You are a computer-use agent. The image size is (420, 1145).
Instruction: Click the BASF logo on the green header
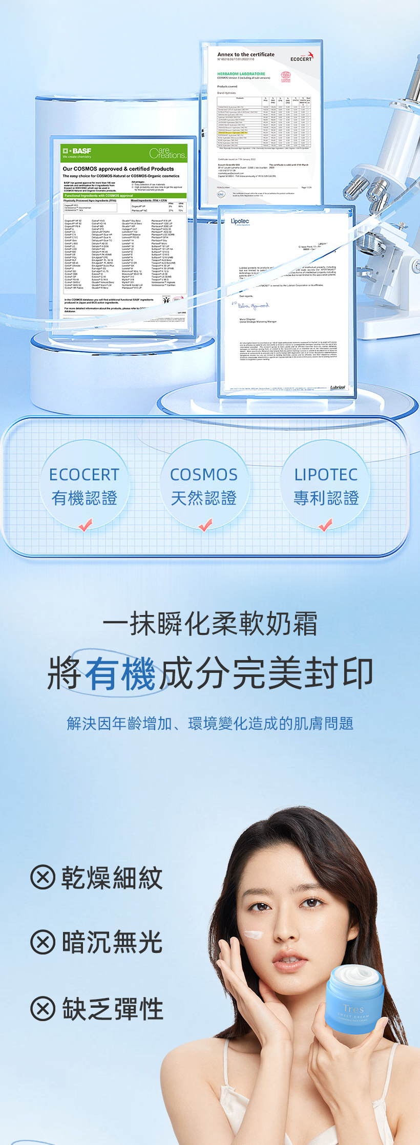tap(77, 151)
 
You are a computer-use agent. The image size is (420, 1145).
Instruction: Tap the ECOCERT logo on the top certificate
tap(302, 58)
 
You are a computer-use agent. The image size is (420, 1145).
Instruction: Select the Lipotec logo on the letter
tap(240, 221)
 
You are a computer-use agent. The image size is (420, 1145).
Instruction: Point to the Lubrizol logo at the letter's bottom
tap(338, 387)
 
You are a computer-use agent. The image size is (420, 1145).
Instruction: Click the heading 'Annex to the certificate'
tap(246, 54)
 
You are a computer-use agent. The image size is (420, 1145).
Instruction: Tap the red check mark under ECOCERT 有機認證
tap(85, 525)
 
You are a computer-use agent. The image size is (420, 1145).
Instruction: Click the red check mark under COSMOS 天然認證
tap(205, 525)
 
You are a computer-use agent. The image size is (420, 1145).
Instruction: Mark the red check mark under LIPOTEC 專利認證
tap(325, 525)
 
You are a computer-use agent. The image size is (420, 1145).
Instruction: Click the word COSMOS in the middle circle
tap(204, 475)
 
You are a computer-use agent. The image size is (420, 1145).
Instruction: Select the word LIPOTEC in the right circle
tap(326, 475)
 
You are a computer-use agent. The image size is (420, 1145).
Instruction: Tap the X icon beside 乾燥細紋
tap(43, 877)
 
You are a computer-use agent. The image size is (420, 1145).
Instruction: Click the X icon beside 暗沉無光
tap(43, 942)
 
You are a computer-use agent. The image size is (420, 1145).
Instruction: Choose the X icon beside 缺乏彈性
tap(43, 1008)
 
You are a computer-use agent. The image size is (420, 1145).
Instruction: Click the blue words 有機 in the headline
tap(120, 673)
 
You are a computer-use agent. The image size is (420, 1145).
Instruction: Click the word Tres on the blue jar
tap(353, 1009)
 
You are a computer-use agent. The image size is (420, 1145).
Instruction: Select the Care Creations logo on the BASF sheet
tap(167, 153)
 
